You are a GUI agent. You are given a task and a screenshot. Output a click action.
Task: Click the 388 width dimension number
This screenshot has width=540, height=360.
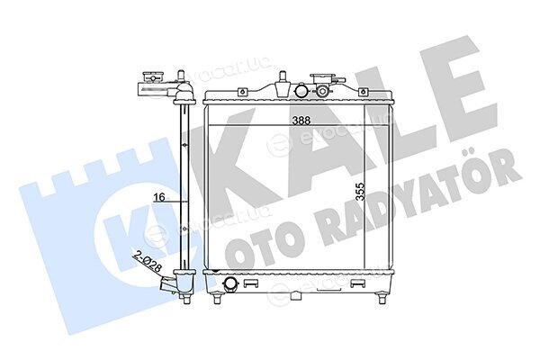[301, 121]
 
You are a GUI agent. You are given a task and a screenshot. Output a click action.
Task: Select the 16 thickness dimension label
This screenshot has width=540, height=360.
[159, 197]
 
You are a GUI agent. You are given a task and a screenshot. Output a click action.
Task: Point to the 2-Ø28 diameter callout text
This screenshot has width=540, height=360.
[148, 263]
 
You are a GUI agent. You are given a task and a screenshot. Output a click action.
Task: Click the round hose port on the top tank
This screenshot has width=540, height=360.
[301, 91]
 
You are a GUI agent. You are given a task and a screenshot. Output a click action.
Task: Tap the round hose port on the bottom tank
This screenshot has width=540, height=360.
[229, 283]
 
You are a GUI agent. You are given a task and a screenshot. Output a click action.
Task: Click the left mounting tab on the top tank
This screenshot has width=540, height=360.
[242, 92]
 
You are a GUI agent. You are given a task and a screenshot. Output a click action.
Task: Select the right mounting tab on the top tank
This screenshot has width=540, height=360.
[363, 92]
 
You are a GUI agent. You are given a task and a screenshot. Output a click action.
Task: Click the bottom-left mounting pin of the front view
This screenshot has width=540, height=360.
[217, 298]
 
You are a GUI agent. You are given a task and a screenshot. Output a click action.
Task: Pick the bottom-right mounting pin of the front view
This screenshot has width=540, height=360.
[382, 298]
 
